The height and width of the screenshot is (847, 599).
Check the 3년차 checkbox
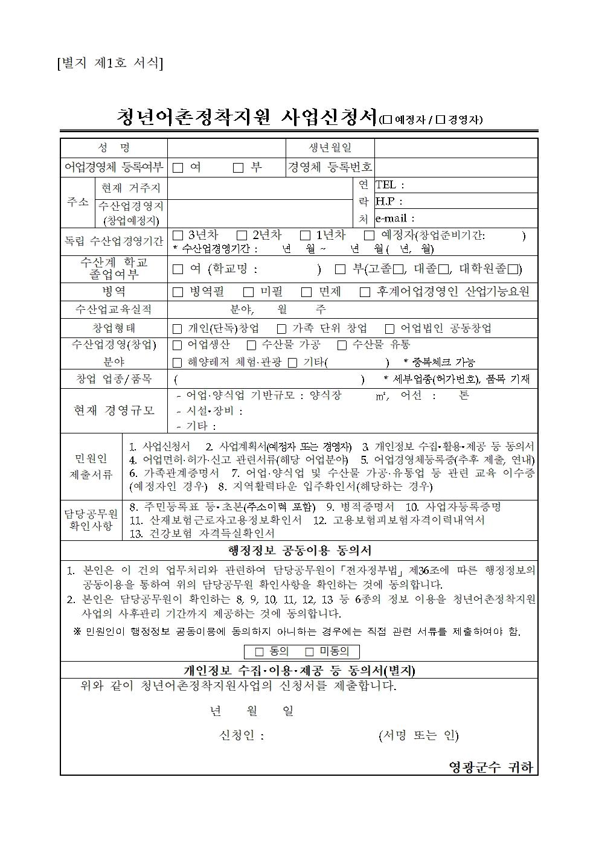click(178, 235)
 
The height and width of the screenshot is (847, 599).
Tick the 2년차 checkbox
click(242, 235)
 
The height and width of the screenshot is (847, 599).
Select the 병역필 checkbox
click(178, 292)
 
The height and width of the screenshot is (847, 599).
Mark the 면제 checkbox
click(307, 292)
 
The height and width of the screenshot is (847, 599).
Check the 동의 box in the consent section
click(260, 652)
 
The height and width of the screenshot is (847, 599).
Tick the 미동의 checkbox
click(310, 652)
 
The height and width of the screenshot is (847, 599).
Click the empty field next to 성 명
click(226, 148)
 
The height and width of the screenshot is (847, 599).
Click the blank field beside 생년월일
click(455, 148)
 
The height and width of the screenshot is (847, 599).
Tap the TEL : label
click(390, 185)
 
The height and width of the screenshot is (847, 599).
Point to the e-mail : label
click(395, 219)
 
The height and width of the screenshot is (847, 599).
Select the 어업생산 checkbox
click(178, 345)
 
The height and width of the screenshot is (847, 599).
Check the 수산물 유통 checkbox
click(342, 345)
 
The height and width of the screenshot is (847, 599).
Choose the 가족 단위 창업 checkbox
click(281, 329)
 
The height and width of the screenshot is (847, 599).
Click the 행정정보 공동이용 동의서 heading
click(299, 551)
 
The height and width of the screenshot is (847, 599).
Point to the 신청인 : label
click(242, 735)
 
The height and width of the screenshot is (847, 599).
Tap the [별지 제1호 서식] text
click(109, 63)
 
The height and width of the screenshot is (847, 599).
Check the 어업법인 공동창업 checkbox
click(389, 329)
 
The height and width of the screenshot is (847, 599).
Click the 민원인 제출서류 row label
click(91, 467)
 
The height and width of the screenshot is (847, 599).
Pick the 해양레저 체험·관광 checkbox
click(178, 363)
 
